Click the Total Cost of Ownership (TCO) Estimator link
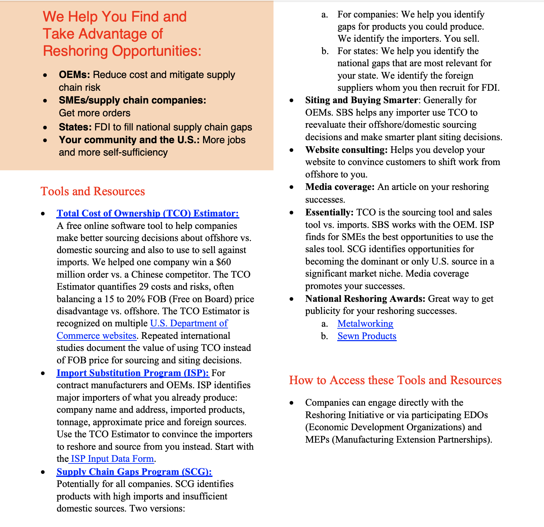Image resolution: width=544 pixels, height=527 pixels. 148,213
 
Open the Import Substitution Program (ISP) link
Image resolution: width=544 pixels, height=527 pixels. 133,373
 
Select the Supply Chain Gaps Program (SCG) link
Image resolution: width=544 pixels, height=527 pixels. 134,472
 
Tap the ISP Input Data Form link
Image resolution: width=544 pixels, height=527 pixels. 112,459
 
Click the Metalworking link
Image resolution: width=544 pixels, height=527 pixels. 365,324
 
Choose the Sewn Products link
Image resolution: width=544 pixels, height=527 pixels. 367,336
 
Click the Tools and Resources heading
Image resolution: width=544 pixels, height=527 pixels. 93,191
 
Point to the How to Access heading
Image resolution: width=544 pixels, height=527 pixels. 395,380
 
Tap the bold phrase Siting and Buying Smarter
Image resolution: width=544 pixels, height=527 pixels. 361,100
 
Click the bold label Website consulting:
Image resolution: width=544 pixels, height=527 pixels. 346,150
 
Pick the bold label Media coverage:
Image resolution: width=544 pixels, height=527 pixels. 340,187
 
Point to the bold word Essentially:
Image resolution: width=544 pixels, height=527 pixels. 329,212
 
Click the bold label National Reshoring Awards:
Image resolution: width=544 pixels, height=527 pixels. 365,299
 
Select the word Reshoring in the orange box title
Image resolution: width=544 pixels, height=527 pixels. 76,51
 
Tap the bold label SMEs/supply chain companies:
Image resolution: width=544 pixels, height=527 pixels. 132,100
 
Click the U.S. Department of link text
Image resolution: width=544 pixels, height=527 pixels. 189,323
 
